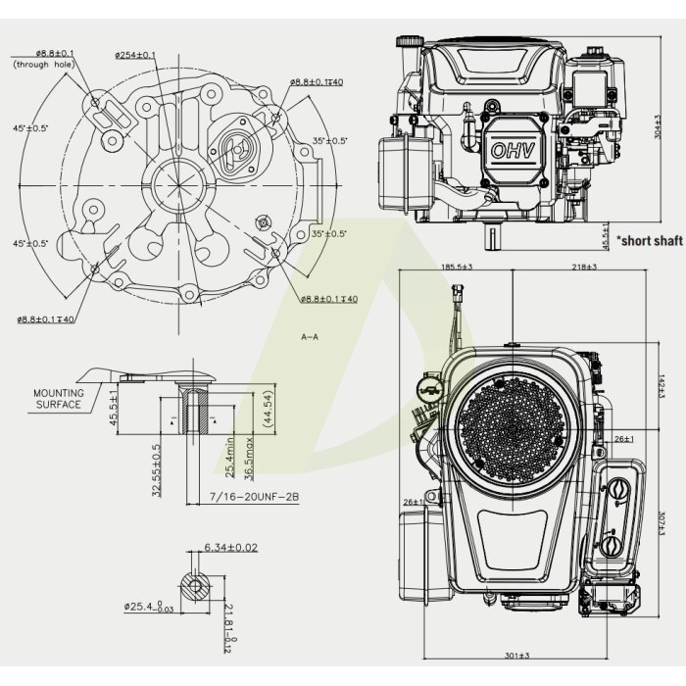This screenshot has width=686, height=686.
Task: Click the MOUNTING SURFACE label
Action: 59,398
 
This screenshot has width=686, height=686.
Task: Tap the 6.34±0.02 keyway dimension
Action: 230,547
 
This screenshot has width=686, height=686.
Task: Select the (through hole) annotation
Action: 44,65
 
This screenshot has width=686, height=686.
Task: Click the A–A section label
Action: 310,336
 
